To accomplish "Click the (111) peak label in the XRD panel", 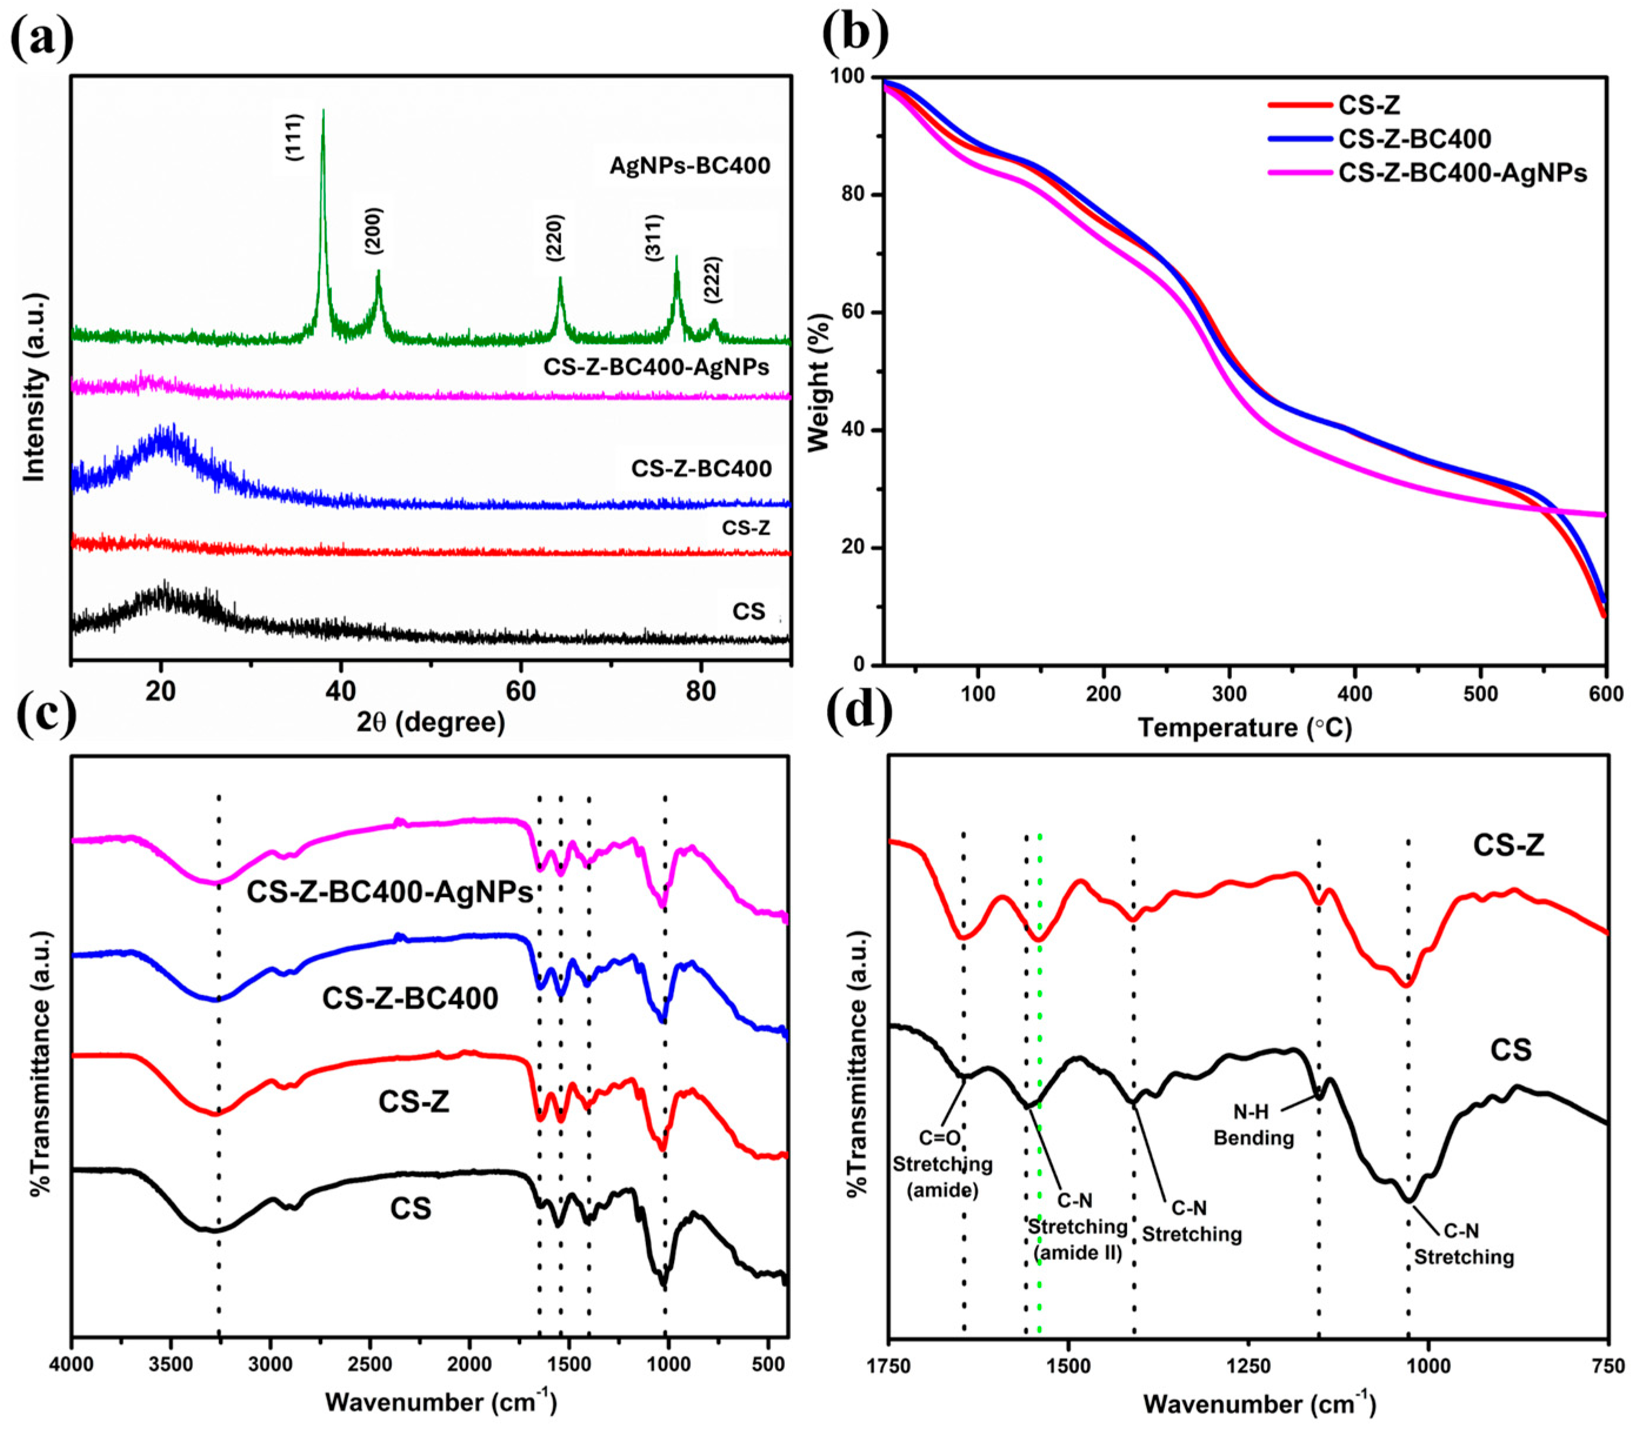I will (294, 138).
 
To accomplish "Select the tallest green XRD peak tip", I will (323, 111).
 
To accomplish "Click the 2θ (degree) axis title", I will (431, 722).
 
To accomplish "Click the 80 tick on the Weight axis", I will (858, 195).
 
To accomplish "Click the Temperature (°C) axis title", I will (1245, 728).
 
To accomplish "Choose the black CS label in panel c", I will (411, 1208).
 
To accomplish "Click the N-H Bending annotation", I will (1253, 1126).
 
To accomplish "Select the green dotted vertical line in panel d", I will (1039, 1119).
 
